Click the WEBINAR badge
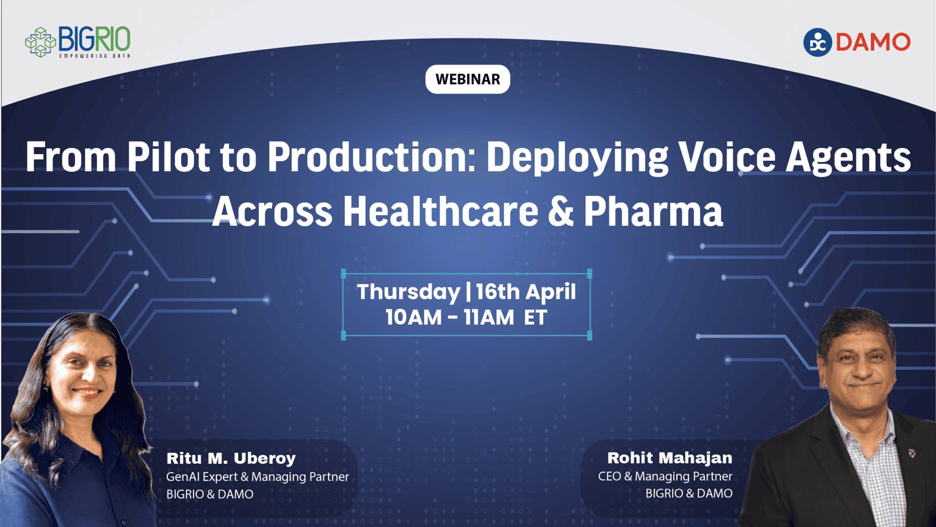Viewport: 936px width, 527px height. [x=468, y=79]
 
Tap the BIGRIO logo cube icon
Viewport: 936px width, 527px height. [x=40, y=42]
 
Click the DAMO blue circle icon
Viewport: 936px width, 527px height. [x=817, y=42]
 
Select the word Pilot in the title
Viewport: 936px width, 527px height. [x=168, y=157]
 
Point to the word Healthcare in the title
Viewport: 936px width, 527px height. [x=441, y=212]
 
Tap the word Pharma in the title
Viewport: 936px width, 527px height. [x=653, y=212]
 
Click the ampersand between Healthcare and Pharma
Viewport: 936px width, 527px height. [x=561, y=212]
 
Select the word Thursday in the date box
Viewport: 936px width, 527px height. [x=409, y=292]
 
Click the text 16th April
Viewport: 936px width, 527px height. [x=526, y=292]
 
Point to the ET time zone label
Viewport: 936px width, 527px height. [x=535, y=318]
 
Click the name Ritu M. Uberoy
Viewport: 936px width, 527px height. [x=231, y=458]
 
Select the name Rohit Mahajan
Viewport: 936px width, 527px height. [x=670, y=458]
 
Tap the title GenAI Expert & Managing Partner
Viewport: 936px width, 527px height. [x=257, y=477]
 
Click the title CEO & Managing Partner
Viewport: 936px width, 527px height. [x=665, y=476]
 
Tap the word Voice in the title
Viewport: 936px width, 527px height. [x=727, y=157]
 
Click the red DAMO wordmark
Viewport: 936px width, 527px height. [x=873, y=42]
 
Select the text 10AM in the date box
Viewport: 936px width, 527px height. [x=414, y=318]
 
